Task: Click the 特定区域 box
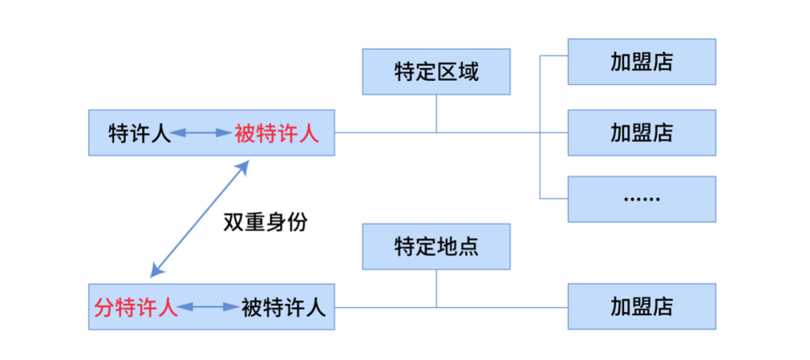tap(436, 72)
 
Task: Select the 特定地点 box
tap(436, 246)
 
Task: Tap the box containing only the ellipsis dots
tap(641, 199)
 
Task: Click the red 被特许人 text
tap(277, 133)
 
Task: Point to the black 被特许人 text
tap(283, 307)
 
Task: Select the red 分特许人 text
tap(136, 307)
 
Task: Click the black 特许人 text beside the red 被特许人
tap(139, 133)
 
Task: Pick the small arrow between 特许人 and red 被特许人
tap(200, 133)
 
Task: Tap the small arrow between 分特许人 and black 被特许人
tap(208, 307)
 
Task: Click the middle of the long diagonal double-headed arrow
tap(199, 219)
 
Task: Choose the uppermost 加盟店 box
tap(641, 61)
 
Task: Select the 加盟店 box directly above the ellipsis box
tap(641, 133)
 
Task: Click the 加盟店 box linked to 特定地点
tap(641, 307)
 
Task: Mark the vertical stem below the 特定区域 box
tap(436, 113)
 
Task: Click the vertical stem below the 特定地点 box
tap(436, 289)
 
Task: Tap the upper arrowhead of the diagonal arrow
tap(244, 166)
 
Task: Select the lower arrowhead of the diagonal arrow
tap(154, 274)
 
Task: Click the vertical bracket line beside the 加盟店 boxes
tap(540, 127)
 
